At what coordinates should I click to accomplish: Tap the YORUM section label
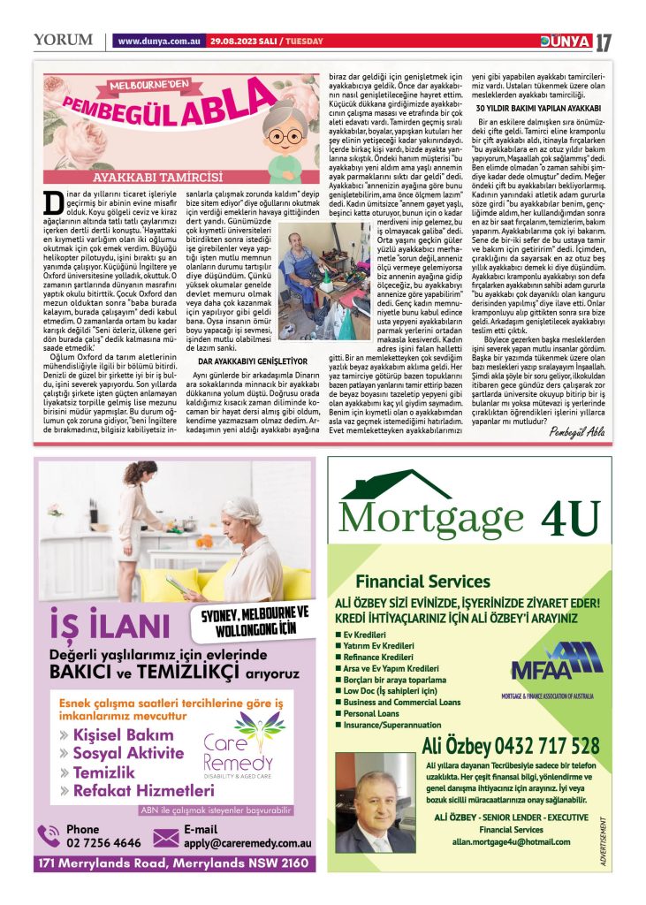tap(63, 40)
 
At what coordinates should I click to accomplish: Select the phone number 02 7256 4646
tap(103, 843)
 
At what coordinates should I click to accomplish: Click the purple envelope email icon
tap(166, 836)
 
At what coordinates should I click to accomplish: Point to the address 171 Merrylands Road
tap(172, 863)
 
